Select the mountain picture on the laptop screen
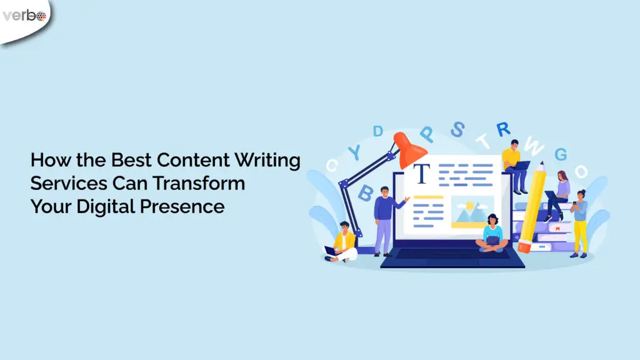[472, 211]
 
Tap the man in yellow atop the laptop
[512, 160]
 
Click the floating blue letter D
[378, 131]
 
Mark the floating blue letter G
[561, 154]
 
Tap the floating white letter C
[332, 166]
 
